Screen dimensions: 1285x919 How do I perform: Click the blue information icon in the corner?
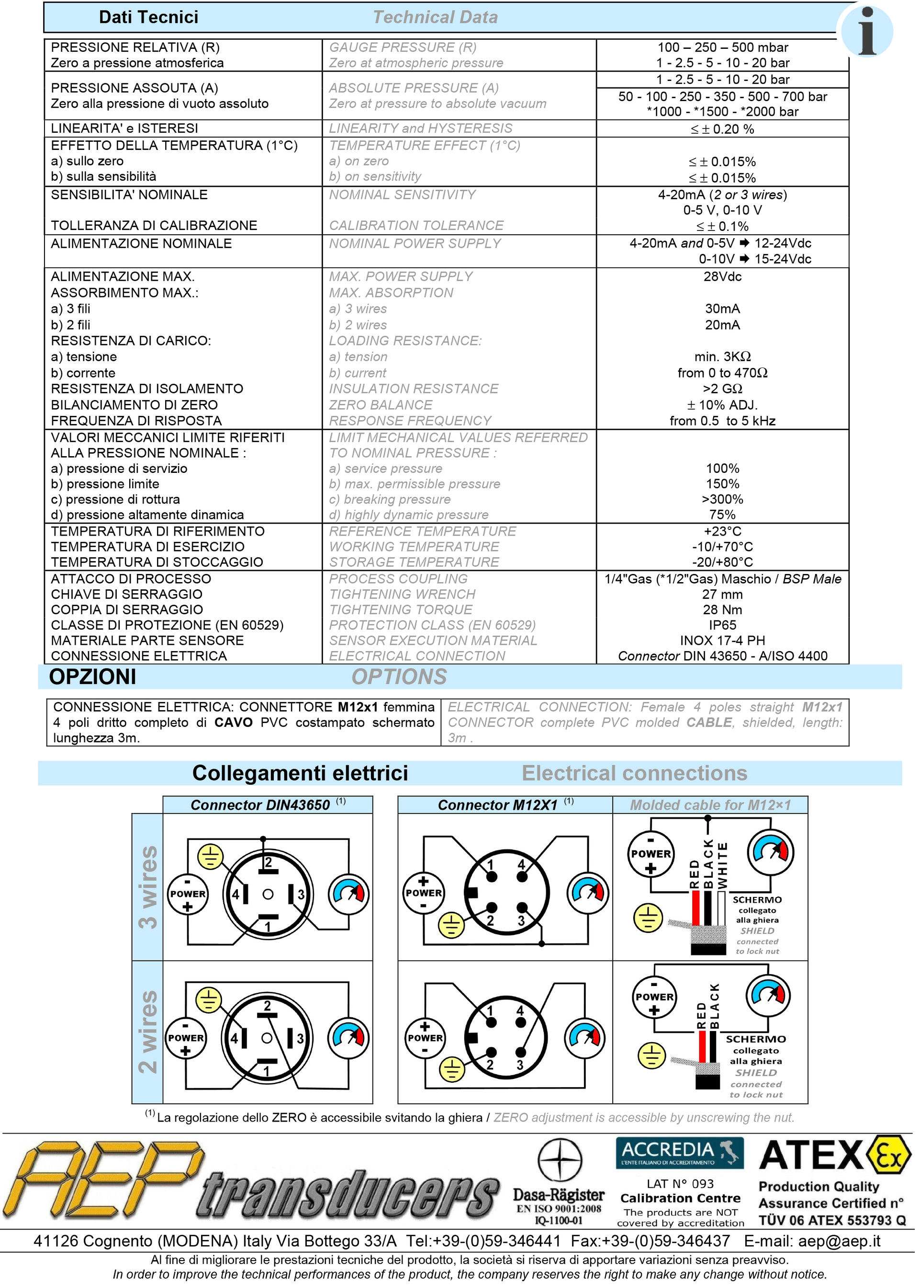pos(866,31)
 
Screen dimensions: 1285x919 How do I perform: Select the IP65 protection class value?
pos(722,625)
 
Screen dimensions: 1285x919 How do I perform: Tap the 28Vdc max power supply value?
pos(722,276)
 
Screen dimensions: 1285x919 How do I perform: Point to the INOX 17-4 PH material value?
pos(722,640)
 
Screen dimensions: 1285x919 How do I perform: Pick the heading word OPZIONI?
pos(92,677)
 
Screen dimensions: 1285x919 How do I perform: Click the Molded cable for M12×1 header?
pos(710,805)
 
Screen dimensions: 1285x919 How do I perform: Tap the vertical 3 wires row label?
pos(148,887)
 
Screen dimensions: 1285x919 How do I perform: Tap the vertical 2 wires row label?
pos(148,1032)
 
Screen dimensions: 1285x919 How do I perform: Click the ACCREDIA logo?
pos(679,1152)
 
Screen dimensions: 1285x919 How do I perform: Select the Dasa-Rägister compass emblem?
pos(559,1159)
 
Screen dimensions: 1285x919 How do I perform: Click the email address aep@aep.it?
pos(839,1241)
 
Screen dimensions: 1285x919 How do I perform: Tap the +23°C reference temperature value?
pos(722,531)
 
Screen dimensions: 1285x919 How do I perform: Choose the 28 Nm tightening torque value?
pos(722,609)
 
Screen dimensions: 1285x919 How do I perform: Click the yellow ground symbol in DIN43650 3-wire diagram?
pos(210,856)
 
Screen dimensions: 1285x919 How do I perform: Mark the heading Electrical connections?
pos(634,773)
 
